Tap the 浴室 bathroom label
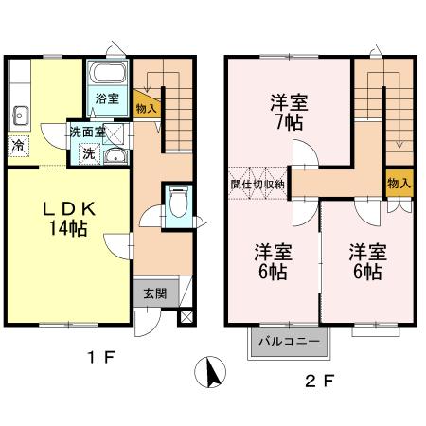point(106,98)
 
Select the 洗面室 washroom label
point(87,133)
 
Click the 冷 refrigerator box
point(18,146)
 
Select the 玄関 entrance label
point(154,293)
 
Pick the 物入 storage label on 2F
point(399,183)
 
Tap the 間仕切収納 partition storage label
point(257,184)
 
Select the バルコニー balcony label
point(289,341)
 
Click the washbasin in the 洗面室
point(114,157)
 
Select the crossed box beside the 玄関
point(185,315)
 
